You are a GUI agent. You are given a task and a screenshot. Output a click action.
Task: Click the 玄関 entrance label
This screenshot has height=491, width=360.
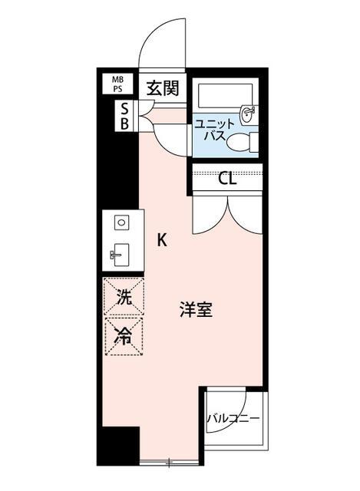(163, 88)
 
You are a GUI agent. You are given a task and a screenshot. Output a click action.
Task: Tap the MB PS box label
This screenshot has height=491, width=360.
(119, 83)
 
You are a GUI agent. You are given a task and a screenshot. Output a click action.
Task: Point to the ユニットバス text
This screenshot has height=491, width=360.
(209, 130)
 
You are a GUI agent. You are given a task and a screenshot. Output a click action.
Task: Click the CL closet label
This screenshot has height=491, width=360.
(226, 180)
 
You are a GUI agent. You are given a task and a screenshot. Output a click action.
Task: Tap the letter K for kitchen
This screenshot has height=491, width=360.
(162, 239)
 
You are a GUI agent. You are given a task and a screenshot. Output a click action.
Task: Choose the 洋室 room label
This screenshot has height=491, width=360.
(196, 310)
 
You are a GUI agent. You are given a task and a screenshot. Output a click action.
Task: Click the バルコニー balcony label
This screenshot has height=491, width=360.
(233, 419)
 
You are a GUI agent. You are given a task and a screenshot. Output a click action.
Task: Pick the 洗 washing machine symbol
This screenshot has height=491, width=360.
(123, 297)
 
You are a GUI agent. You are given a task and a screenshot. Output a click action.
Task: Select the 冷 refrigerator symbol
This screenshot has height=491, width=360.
(123, 334)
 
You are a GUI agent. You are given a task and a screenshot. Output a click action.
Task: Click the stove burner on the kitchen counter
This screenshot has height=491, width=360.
(121, 223)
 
